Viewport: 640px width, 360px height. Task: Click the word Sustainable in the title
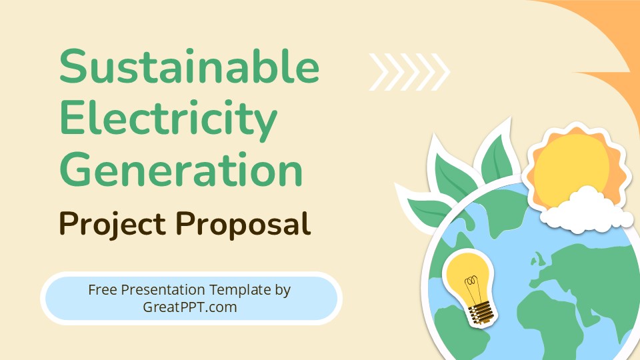click(189, 68)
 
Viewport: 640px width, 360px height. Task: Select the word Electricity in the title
click(168, 118)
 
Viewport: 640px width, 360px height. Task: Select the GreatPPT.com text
click(190, 307)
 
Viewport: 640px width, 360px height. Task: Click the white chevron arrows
click(409, 71)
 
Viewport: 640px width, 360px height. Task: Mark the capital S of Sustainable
click(75, 68)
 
